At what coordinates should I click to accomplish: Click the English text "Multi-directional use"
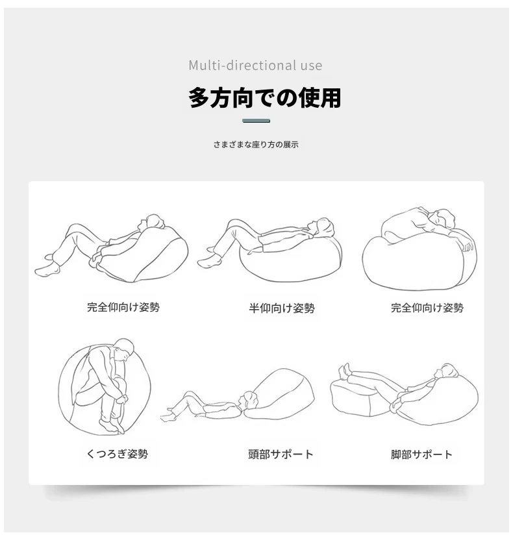255,65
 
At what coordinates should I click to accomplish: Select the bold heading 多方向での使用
264,97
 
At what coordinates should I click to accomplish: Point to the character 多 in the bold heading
199,97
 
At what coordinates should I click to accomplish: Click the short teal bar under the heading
256,121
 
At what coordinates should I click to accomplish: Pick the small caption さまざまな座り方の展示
256,144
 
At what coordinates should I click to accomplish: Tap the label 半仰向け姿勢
282,308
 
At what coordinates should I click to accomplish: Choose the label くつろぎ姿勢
117,454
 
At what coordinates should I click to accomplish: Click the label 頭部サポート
281,454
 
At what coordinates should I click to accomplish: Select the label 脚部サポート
421,454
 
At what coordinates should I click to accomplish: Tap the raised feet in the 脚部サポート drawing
344,371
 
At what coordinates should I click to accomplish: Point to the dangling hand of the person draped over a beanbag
468,245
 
